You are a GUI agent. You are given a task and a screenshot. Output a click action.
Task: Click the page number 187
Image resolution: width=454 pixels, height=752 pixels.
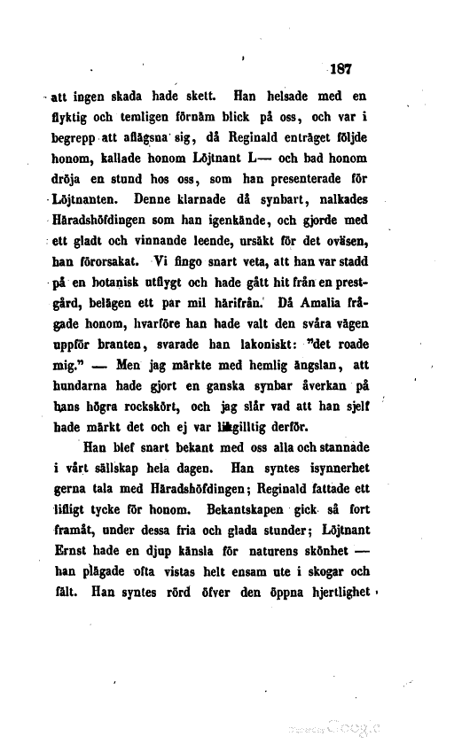click(x=339, y=66)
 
